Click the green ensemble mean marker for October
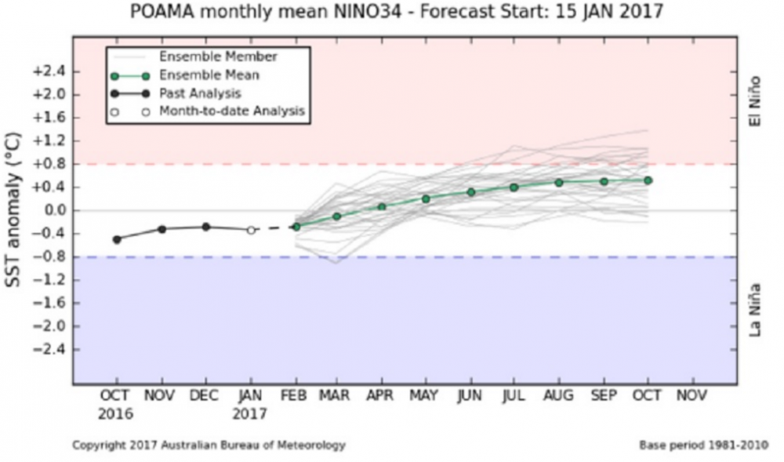[x=648, y=180]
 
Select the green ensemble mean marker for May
[x=426, y=198]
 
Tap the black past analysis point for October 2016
[x=117, y=239]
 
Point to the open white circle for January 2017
[x=251, y=230]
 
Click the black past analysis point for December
[x=206, y=227]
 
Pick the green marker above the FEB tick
[x=296, y=226]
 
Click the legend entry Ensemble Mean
[x=209, y=75]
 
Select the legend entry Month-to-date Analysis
[x=231, y=111]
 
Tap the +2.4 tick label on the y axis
[x=49, y=71]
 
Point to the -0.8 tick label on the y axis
[x=49, y=256]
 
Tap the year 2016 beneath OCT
[x=116, y=413]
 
